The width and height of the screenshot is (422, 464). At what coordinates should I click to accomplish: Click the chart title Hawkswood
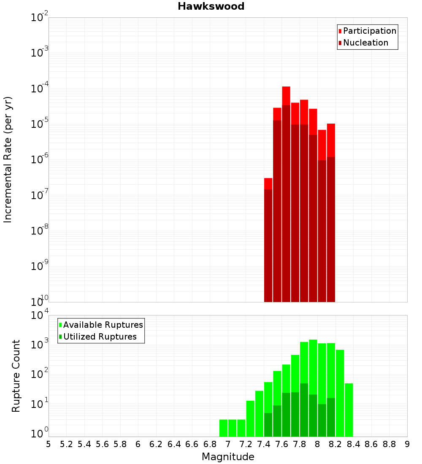click(211, 6)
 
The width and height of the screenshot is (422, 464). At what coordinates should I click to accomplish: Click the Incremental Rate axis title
click(8, 159)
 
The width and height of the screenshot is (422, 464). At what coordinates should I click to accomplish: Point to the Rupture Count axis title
click(16, 376)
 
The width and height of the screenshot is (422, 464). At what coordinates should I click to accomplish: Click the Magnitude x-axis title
click(228, 457)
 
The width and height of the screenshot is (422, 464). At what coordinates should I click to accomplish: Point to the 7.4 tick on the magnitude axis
click(264, 444)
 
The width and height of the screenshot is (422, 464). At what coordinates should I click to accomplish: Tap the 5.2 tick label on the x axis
click(66, 444)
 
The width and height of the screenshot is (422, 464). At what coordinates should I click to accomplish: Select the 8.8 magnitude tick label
click(389, 444)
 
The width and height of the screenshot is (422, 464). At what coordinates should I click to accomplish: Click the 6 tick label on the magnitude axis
click(138, 444)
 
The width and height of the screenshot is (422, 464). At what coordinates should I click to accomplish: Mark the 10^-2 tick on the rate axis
click(40, 18)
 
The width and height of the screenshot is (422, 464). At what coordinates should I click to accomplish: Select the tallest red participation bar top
click(286, 88)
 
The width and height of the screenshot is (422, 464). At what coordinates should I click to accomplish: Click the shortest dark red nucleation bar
click(268, 245)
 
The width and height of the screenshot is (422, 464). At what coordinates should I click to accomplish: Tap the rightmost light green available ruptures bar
click(349, 409)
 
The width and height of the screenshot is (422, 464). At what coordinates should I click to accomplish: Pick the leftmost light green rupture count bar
click(223, 428)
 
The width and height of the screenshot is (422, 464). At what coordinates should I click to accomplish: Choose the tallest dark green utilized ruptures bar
click(304, 409)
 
